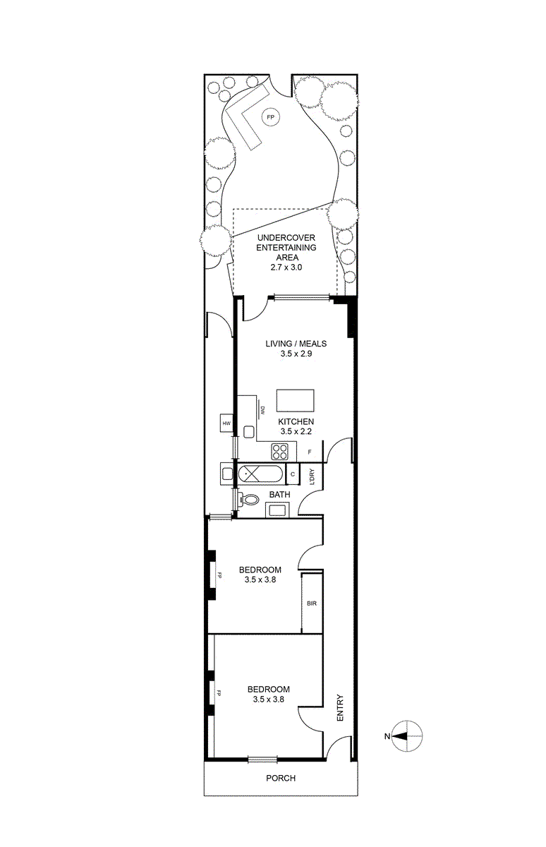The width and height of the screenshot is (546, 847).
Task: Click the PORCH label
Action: pyautogui.click(x=281, y=778)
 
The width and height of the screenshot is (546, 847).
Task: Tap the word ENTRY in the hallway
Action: pyautogui.click(x=340, y=707)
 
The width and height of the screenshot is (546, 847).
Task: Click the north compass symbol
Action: pyautogui.click(x=406, y=735)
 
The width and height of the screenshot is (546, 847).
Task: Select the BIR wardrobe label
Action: pyautogui.click(x=312, y=603)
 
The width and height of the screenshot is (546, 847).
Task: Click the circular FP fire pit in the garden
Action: pyautogui.click(x=270, y=117)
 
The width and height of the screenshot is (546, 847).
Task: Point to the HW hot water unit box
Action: pyautogui.click(x=226, y=423)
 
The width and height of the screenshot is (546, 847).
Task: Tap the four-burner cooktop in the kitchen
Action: pyautogui.click(x=279, y=452)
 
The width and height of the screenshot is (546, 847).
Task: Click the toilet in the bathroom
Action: pyautogui.click(x=248, y=500)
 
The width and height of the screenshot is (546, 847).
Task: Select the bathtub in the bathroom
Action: pyautogui.click(x=261, y=474)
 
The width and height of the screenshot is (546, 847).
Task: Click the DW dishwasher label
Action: pyautogui.click(x=262, y=411)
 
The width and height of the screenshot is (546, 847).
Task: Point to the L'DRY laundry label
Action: pyautogui.click(x=312, y=476)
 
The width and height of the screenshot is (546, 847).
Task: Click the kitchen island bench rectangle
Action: pyautogui.click(x=295, y=400)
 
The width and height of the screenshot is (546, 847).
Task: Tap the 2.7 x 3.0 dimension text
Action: pyautogui.click(x=286, y=268)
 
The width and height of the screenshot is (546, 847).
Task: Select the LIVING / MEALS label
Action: pyautogui.click(x=296, y=344)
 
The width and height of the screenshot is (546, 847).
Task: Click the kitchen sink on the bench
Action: pyautogui.click(x=249, y=431)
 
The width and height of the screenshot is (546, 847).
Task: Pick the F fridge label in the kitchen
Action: pyautogui.click(x=310, y=452)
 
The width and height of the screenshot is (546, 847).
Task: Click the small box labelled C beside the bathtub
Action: pyautogui.click(x=293, y=474)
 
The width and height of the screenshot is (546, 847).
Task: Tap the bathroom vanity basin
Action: pyautogui.click(x=278, y=510)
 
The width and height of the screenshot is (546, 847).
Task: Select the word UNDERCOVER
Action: pyautogui.click(x=286, y=238)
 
